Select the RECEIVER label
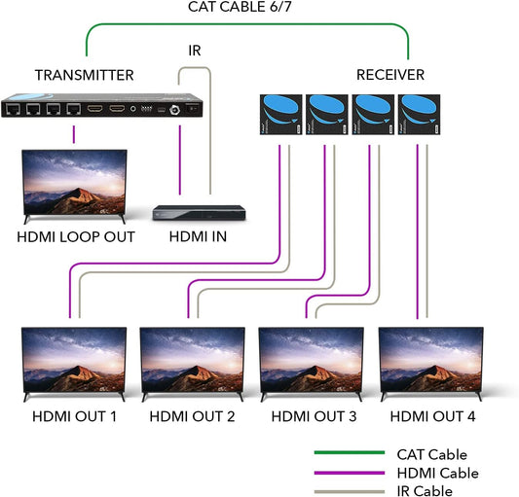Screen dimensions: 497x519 (x=389, y=75)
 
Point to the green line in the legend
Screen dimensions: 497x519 (x=349, y=453)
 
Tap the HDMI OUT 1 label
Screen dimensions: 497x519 (x=73, y=417)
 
